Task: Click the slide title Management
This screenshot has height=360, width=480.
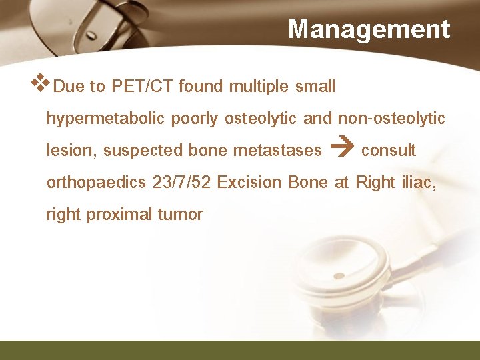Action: (x=369, y=29)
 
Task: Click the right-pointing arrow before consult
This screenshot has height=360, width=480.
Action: (x=339, y=151)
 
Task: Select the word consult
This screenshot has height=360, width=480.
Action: (x=388, y=151)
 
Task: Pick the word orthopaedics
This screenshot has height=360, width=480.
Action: (x=97, y=183)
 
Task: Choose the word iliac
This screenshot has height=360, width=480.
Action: (x=421, y=183)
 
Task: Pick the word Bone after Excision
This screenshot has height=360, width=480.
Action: (x=309, y=183)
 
